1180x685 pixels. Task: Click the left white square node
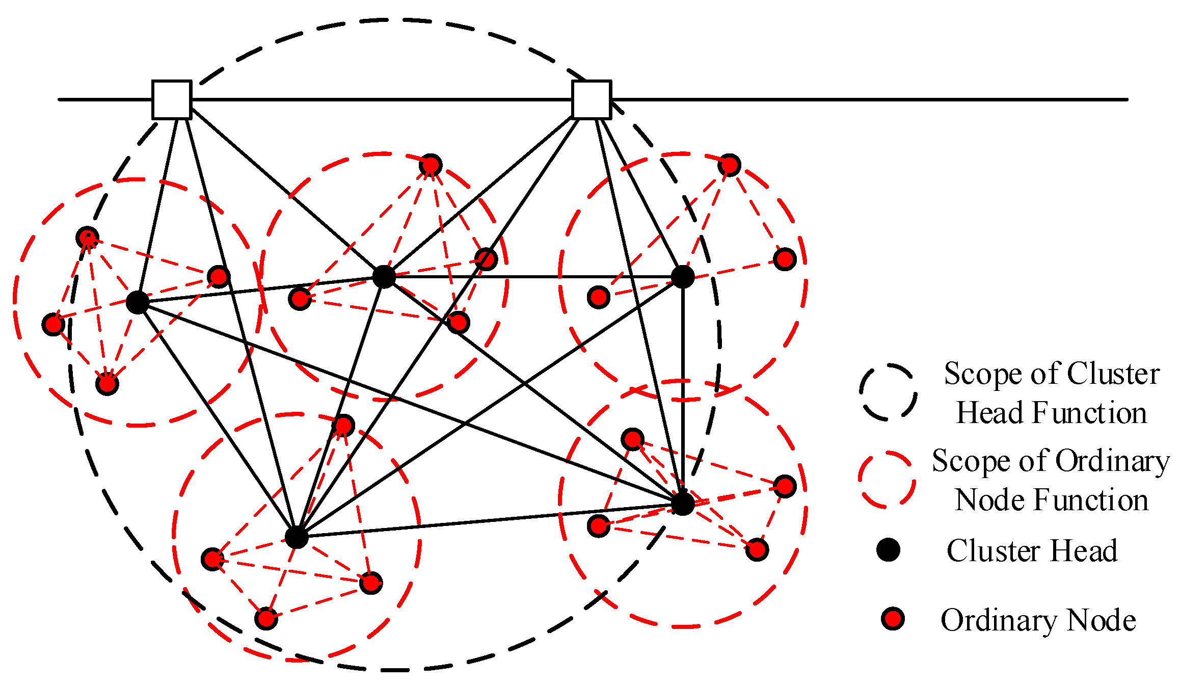pyautogui.click(x=172, y=100)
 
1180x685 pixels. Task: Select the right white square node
pyautogui.click(x=591, y=100)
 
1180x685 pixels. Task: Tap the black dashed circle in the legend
pyautogui.click(x=888, y=392)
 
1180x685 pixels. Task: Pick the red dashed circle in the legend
pyautogui.click(x=887, y=479)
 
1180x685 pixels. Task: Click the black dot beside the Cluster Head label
pyautogui.click(x=888, y=550)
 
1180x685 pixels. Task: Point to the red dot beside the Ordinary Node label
pyautogui.click(x=893, y=619)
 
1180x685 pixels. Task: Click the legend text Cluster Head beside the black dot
pyautogui.click(x=1032, y=551)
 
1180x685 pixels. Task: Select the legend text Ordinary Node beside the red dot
pyautogui.click(x=1038, y=620)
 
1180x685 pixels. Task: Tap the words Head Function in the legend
pyautogui.click(x=1051, y=413)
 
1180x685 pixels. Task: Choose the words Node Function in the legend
pyautogui.click(x=1051, y=500)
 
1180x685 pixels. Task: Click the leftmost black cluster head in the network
pyautogui.click(x=138, y=303)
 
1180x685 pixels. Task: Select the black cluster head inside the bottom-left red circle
pyautogui.click(x=297, y=537)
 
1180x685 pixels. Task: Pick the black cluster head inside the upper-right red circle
pyautogui.click(x=683, y=277)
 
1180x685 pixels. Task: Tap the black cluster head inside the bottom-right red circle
pyautogui.click(x=683, y=504)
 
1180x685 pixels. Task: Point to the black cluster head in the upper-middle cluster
pyautogui.click(x=384, y=277)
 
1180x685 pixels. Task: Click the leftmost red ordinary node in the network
pyautogui.click(x=53, y=324)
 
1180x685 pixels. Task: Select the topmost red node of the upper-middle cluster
pyautogui.click(x=431, y=165)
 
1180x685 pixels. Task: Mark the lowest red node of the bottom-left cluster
pyautogui.click(x=266, y=619)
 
